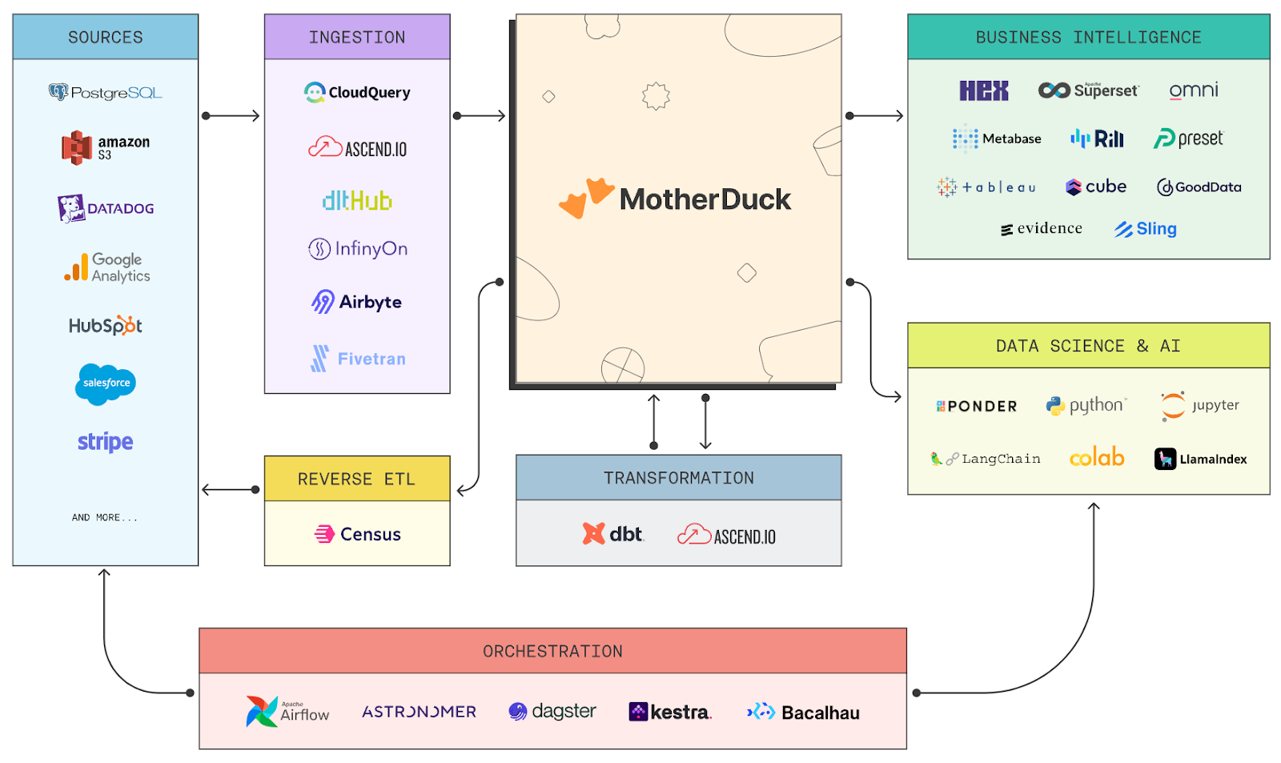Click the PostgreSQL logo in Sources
click(105, 93)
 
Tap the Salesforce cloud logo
click(106, 384)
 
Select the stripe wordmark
click(105, 442)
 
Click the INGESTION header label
click(357, 37)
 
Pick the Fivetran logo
click(358, 359)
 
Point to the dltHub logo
click(357, 200)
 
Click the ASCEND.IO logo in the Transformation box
click(726, 535)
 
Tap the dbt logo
click(613, 534)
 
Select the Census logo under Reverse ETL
click(358, 534)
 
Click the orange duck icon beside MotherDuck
click(586, 198)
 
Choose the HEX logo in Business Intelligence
click(984, 90)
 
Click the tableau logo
click(986, 187)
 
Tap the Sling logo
click(1145, 229)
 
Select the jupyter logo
click(1199, 405)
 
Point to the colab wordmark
click(1097, 458)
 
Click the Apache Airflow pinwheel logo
click(262, 711)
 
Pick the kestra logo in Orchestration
click(669, 712)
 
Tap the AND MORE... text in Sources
click(105, 518)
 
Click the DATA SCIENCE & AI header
click(1088, 346)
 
